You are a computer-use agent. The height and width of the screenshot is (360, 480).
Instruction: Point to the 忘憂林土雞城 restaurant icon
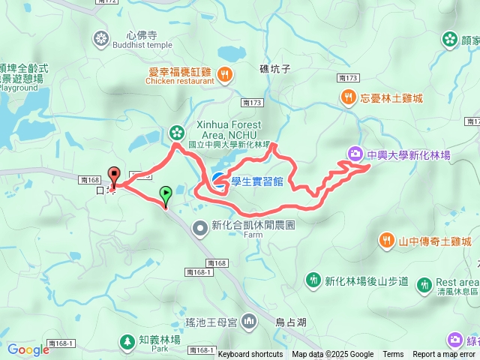point(348,96)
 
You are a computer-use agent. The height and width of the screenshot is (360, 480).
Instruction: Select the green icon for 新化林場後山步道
point(313,280)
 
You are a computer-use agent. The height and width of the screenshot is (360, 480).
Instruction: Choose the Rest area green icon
point(424,284)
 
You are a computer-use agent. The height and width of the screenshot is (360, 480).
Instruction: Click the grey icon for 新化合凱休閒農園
point(200,226)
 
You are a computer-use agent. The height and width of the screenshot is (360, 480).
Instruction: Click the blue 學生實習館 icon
point(218,178)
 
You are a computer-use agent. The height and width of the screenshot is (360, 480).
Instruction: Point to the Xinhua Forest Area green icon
point(175,133)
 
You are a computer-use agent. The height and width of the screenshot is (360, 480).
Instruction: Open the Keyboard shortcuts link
point(250,355)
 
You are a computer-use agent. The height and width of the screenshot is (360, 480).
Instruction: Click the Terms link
point(393,355)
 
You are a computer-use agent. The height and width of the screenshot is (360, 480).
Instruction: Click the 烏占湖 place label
point(291,322)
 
